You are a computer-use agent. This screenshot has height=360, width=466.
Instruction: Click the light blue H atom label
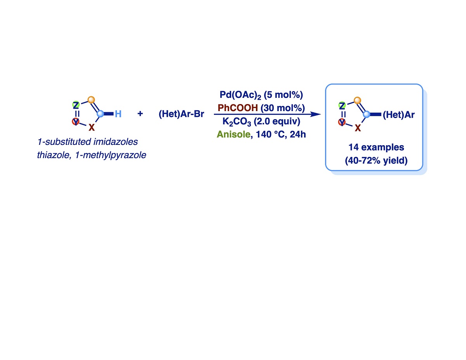click(118, 114)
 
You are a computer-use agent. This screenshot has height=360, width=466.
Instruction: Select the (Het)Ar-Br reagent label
click(181, 115)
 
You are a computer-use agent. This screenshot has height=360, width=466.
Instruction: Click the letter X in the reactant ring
click(91, 127)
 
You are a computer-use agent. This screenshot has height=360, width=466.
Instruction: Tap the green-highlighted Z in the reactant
click(76, 105)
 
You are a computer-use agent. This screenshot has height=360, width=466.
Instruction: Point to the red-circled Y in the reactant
click(76, 122)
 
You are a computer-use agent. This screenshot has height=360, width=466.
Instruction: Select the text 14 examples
click(376, 148)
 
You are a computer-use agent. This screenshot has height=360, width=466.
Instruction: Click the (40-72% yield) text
click(376, 160)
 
